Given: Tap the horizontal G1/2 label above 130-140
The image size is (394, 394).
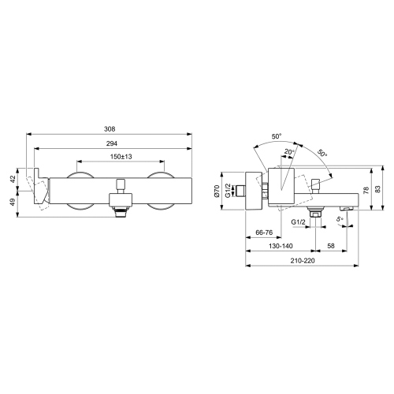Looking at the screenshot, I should [x=299, y=223].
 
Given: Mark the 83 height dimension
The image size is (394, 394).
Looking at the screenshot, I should [x=379, y=189].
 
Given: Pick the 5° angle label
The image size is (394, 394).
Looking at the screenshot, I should [x=340, y=219].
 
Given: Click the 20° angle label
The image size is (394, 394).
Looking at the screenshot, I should [x=291, y=153].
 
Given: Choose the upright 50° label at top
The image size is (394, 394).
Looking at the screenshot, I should [x=277, y=136].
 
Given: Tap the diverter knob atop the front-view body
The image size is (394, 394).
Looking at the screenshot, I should [x=120, y=184].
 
